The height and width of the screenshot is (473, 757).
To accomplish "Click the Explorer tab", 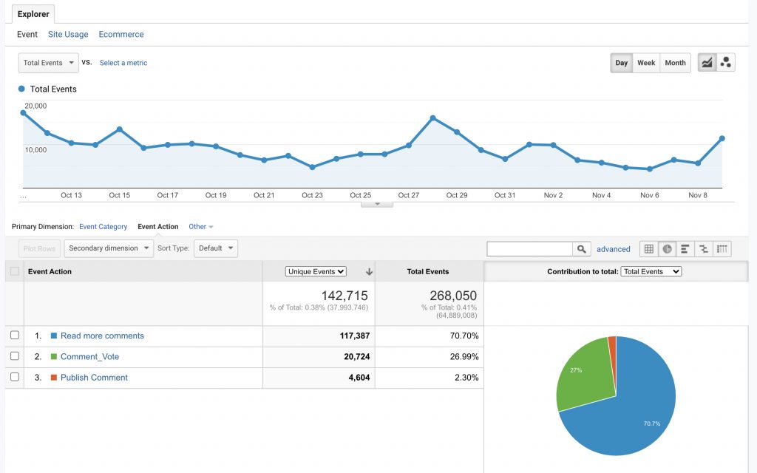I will (33, 13).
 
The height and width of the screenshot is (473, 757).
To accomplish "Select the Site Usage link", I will (68, 35).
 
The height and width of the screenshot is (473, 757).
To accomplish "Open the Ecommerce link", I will (121, 35).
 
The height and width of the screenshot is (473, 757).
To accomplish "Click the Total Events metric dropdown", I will (49, 63).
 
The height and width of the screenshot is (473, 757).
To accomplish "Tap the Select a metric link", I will (123, 63).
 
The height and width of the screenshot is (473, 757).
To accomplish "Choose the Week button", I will (646, 63).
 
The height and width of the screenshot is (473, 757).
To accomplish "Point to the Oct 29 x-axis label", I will (457, 195).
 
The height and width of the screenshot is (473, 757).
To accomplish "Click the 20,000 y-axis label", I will (35, 106).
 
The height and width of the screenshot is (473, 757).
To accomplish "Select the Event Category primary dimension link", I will (103, 227).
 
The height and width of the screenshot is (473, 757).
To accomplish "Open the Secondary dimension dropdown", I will (109, 248).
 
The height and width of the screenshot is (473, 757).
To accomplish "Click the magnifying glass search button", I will (583, 249).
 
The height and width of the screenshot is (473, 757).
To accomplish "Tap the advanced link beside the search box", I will (614, 249).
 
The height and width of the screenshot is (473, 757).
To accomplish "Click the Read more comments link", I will (102, 336).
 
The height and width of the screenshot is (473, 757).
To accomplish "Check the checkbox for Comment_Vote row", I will (15, 356).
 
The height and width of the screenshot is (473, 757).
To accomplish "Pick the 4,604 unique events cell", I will (355, 378).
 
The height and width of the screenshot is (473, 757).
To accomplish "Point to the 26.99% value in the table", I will (464, 357).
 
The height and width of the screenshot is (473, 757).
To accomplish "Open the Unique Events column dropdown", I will (316, 271).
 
